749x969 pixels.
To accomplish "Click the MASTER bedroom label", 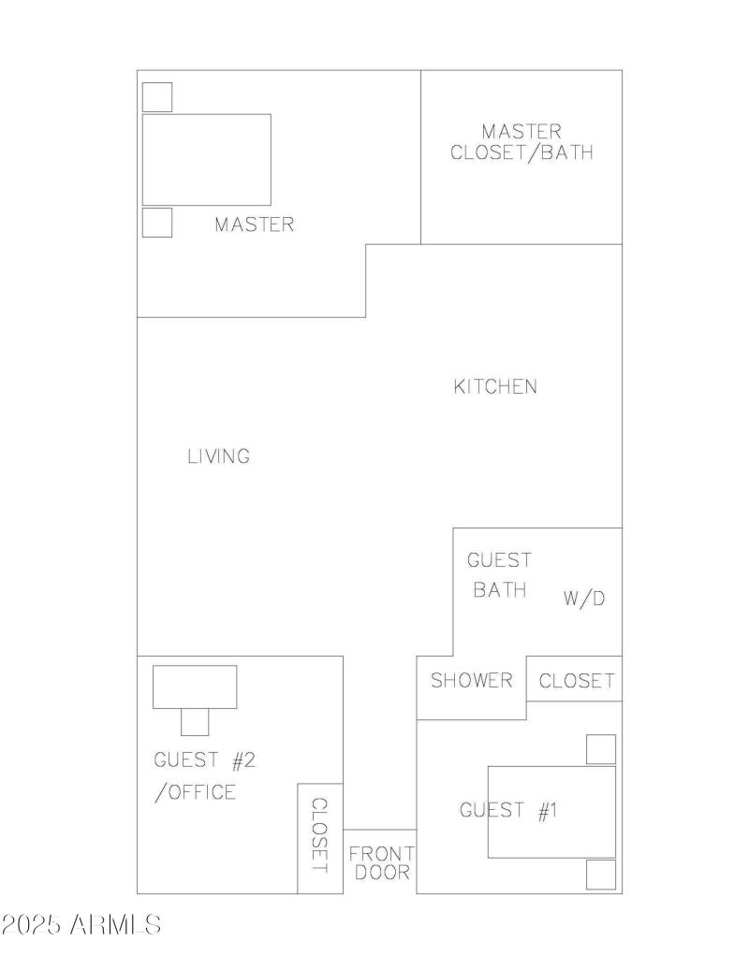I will point(254,224).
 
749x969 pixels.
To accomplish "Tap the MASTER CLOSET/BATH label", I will point(521,142).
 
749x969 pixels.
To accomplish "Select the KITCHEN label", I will point(495,386).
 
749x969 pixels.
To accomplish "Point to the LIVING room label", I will point(218,456).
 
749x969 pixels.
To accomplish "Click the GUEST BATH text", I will point(498,575).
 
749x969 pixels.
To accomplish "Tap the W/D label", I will point(584,599).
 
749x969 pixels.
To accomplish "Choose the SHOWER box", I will point(471,681).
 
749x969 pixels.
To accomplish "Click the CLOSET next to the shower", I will point(576,680).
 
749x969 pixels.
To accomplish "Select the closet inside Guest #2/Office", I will point(319,837).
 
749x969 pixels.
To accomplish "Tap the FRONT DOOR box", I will point(379,862).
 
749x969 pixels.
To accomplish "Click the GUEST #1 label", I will point(508,810).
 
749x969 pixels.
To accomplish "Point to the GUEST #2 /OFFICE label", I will point(203,775).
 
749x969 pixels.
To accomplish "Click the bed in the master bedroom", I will point(206,160).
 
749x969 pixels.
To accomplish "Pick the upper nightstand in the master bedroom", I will point(156,96).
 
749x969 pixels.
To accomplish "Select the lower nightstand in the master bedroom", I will point(156,223).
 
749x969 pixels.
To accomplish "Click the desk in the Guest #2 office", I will point(195,687).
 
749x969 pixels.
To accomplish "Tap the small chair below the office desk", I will point(195,722).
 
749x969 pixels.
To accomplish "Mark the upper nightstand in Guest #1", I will point(601,749).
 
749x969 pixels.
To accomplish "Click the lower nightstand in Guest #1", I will point(601,875).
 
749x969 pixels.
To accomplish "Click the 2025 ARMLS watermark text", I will point(81,925).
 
